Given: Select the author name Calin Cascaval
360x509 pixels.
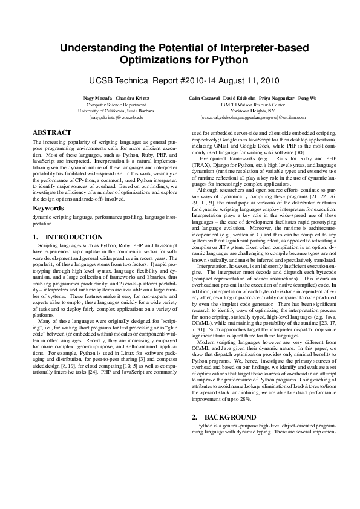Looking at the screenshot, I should tap(204, 98).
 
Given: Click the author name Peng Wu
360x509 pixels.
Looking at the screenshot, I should tap(307, 98).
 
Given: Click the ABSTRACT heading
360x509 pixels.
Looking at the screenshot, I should tap(53, 132).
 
